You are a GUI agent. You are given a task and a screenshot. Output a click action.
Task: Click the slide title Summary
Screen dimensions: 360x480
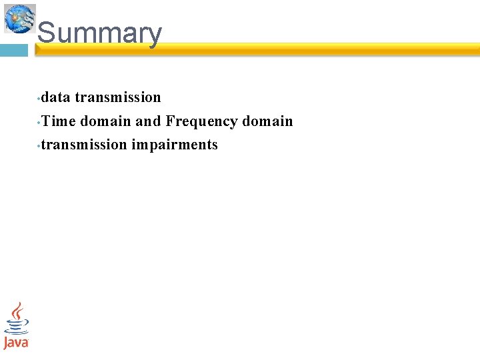[x=99, y=33]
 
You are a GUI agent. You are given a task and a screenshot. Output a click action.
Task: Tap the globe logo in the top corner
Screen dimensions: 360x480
[x=19, y=18]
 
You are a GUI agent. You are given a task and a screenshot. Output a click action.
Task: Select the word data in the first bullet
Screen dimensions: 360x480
[x=56, y=97]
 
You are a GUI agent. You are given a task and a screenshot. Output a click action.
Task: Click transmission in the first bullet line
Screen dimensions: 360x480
[x=118, y=97]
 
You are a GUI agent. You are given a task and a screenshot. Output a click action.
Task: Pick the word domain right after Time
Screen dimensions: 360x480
[x=105, y=121]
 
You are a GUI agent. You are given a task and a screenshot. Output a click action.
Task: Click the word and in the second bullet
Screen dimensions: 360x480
[x=148, y=121]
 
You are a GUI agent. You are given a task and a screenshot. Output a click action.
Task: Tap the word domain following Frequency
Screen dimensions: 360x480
[x=267, y=121]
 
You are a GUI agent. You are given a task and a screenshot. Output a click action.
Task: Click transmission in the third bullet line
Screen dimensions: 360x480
[x=84, y=145]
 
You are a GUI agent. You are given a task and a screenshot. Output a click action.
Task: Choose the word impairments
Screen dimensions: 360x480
[x=175, y=145]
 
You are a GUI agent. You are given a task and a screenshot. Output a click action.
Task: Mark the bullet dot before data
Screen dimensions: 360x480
[x=39, y=99]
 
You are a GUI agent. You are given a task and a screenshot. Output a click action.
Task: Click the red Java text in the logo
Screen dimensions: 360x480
[x=16, y=343]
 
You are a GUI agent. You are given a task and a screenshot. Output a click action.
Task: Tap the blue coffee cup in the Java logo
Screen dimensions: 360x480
[x=16, y=327]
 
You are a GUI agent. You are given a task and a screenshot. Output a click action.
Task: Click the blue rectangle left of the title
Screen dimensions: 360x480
[x=13, y=51]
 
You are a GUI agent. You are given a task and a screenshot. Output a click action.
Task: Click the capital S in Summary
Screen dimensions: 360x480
[x=46, y=33]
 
